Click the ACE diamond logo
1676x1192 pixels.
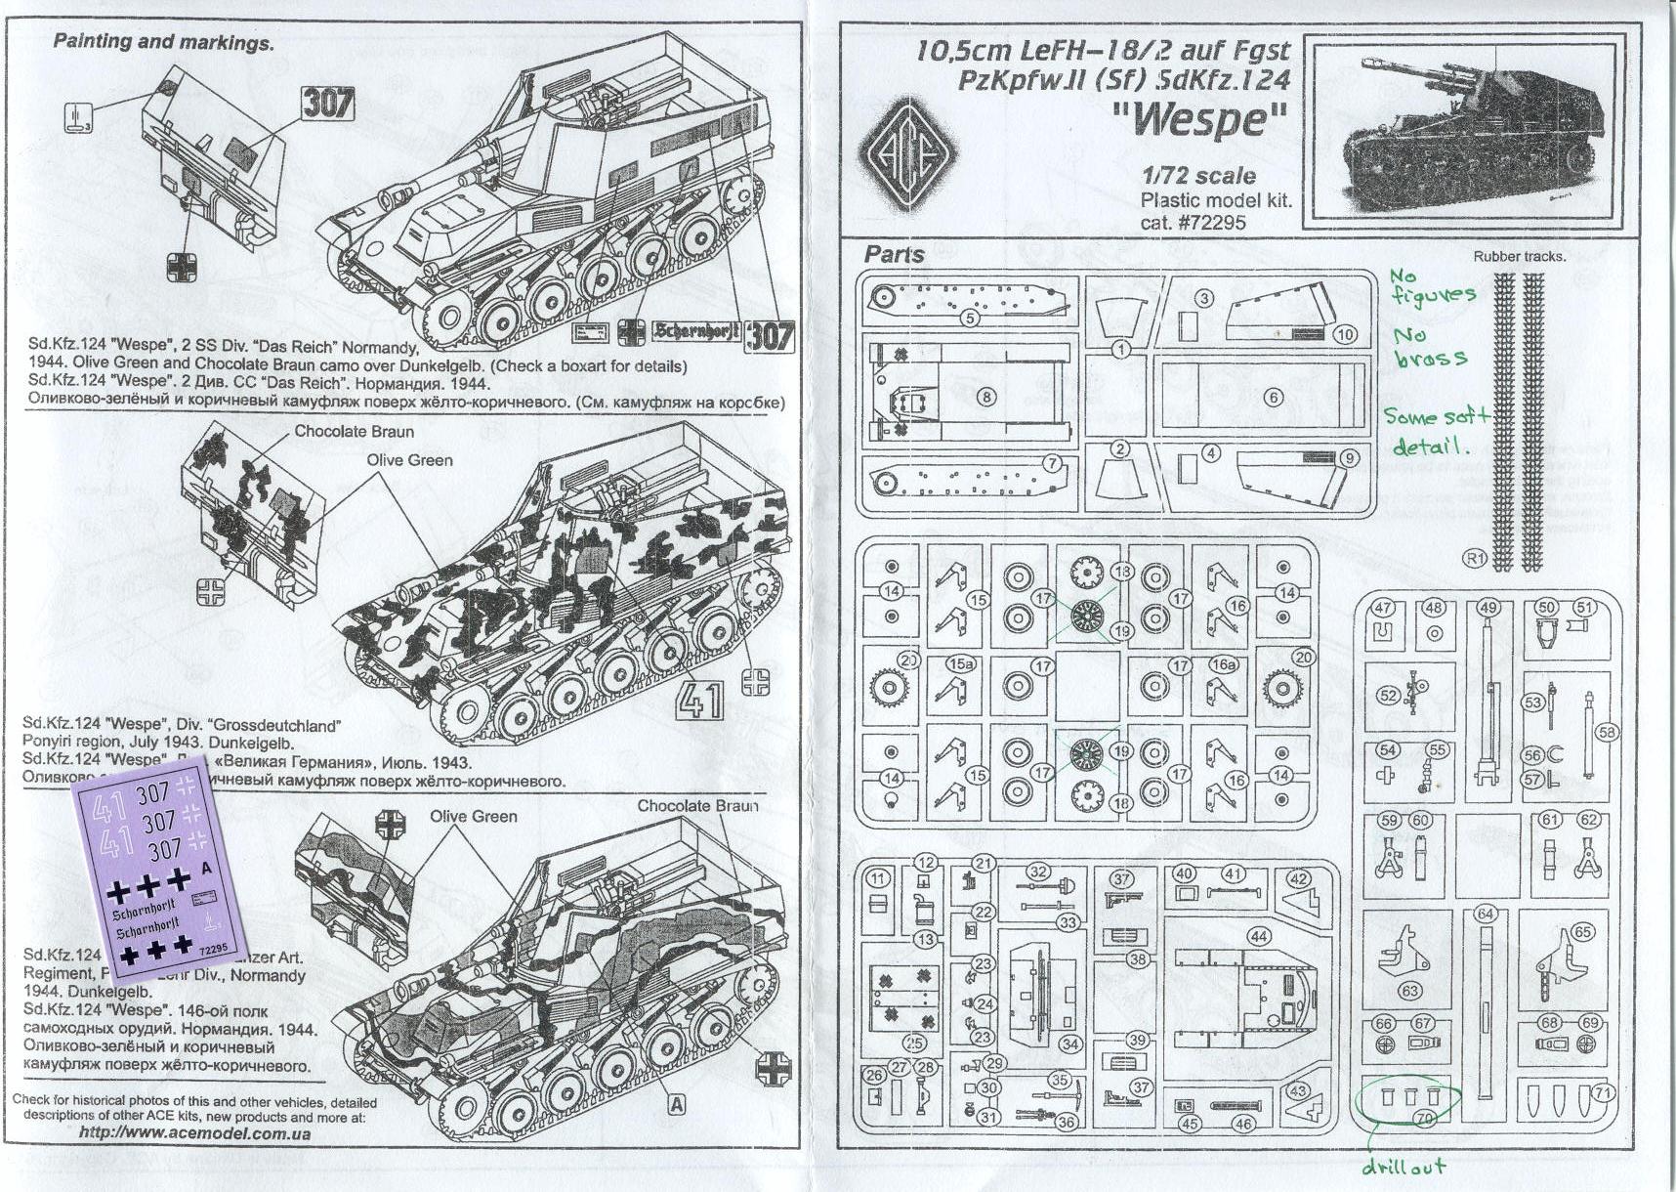click(908, 154)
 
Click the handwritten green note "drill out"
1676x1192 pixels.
click(1404, 1167)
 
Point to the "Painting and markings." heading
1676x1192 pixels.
click(163, 43)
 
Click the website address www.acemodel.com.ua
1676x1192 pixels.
click(194, 1133)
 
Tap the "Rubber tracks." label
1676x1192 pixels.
click(1519, 257)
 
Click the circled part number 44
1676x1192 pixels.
click(1258, 936)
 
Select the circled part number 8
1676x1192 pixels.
click(985, 397)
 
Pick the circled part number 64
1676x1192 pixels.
click(1486, 914)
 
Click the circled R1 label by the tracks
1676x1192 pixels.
click(1473, 558)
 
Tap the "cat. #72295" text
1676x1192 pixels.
click(1193, 222)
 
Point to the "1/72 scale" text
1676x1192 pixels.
click(1198, 176)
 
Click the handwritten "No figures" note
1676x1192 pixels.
click(1432, 286)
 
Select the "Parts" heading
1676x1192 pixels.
click(894, 255)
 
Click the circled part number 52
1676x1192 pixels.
click(1388, 695)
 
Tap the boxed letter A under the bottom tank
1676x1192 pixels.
click(676, 1105)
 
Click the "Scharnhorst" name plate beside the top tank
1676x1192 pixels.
click(696, 331)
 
